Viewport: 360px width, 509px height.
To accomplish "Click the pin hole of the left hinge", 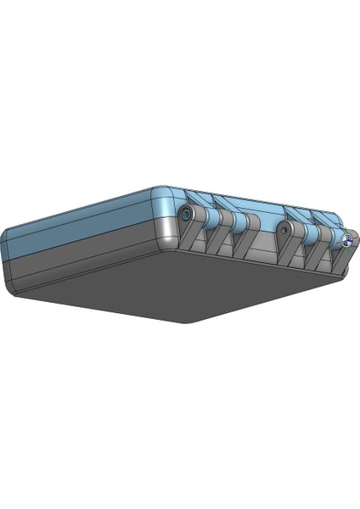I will coord(185,215).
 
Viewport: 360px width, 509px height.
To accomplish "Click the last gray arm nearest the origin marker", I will coord(338,260).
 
